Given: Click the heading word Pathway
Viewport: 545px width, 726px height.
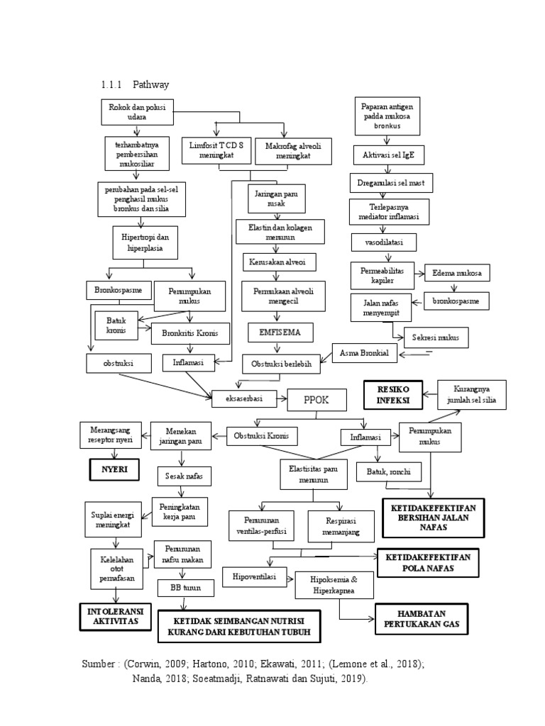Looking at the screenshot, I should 150,85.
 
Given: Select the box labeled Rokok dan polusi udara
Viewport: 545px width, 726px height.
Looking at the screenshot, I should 136,112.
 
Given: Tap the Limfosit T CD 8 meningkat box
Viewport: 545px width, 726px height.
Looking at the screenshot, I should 214,149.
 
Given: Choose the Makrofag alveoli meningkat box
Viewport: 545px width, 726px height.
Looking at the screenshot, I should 282,149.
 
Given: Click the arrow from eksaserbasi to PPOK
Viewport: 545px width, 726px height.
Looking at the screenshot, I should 280,398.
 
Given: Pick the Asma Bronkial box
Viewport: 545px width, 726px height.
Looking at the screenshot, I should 364,352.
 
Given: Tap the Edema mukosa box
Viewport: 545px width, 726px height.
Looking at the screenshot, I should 457,274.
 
